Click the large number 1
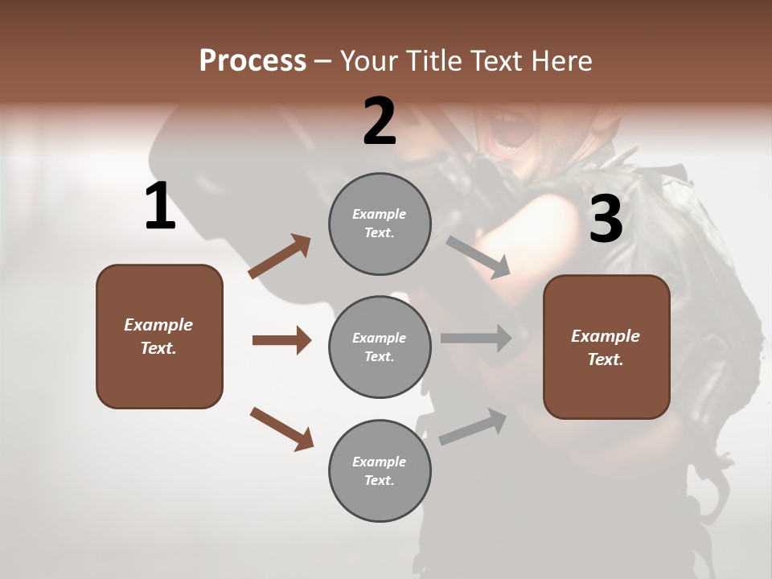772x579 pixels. (160, 207)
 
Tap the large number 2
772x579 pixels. (380, 121)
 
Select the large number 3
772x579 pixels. (606, 220)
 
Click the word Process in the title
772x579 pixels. (253, 61)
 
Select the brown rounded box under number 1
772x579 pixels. (159, 336)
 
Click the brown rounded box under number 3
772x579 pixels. (606, 347)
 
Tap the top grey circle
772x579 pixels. (380, 224)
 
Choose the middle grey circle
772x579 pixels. (380, 347)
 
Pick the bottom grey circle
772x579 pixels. (380, 470)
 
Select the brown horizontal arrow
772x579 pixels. (281, 340)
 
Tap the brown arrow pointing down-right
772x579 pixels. (281, 429)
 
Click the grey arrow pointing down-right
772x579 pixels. (478, 257)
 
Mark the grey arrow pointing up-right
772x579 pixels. (473, 426)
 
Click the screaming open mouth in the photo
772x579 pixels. (508, 134)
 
